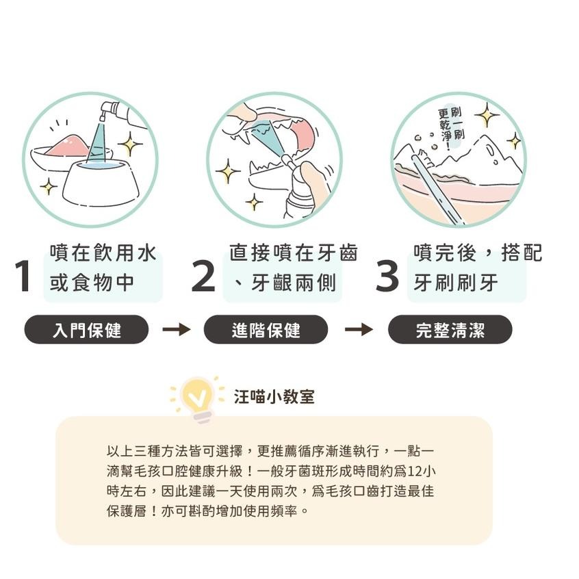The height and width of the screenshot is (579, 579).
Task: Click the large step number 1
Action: pos(25,276)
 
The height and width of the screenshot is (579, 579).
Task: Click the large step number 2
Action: pos(203,276)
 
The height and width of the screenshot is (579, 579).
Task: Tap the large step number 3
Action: pos(387,276)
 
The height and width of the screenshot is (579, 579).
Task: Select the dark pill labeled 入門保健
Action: pos(86,330)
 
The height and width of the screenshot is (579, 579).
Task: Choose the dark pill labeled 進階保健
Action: pos(266,330)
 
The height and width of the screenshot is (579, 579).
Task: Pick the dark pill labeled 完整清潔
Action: pos(450,330)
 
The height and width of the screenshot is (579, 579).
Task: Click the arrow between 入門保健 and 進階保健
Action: pos(176,330)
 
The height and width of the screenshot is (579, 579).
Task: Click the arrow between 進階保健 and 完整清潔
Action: pos(358,330)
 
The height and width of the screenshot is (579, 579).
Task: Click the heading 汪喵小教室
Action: pos(274,397)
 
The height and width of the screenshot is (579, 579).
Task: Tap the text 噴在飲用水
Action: pos(103,253)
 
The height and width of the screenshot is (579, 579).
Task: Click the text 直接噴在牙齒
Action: pos(293,253)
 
